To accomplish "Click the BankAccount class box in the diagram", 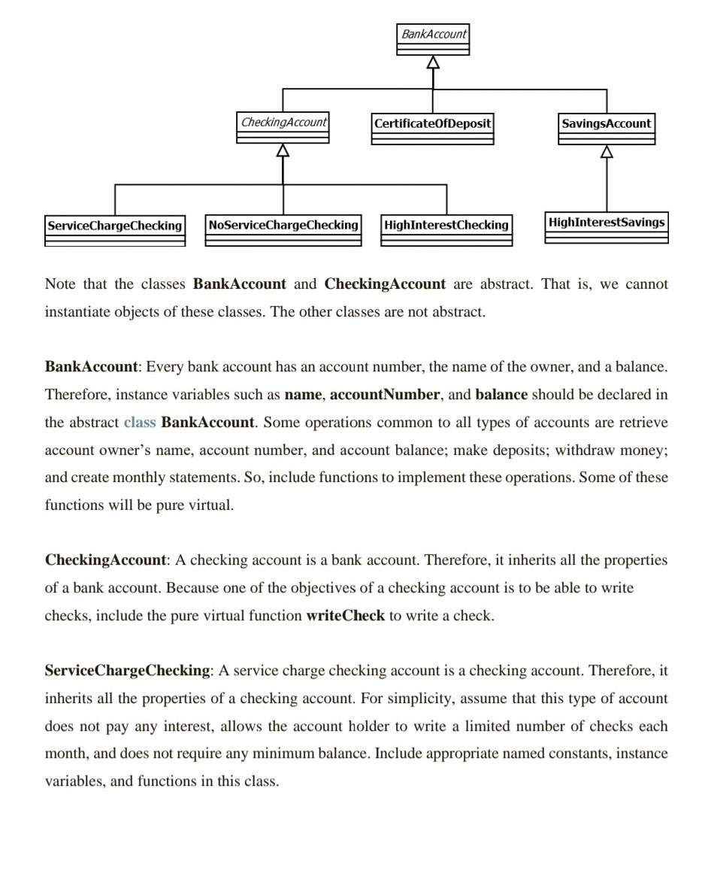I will [433, 39].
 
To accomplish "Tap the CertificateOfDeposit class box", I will [433, 129].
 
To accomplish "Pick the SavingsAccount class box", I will [607, 129].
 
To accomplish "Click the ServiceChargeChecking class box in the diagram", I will [115, 231].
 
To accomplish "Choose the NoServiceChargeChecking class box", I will [283, 230].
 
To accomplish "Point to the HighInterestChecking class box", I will [446, 230].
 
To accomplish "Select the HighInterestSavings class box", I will [607, 227].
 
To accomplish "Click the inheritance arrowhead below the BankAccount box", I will [433, 62].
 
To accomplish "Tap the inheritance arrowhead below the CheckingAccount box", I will [283, 150].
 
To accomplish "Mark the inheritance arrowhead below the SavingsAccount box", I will [607, 152].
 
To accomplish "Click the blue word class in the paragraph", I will [140, 422].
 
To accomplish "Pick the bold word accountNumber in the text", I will [385, 394].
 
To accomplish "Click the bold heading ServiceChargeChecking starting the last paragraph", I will [127, 670].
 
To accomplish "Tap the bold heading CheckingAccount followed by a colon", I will [105, 559].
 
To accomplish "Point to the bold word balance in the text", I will [501, 394].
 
